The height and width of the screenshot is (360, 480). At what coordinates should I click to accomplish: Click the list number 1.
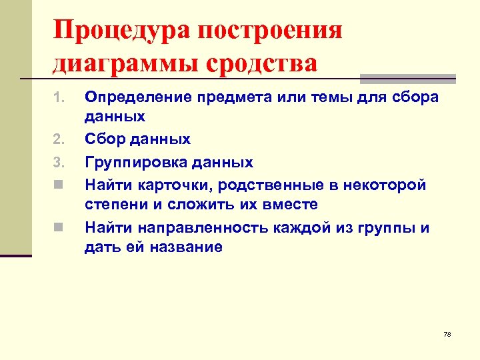click(x=57, y=98)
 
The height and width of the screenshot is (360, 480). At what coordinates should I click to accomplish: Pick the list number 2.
click(x=57, y=139)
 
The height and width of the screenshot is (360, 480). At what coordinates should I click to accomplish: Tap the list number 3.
click(x=57, y=163)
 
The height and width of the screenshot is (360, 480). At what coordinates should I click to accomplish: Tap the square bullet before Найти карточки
click(x=58, y=185)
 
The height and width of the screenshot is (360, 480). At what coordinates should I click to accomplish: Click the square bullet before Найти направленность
click(x=58, y=228)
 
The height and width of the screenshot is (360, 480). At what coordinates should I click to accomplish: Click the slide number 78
click(x=447, y=333)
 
